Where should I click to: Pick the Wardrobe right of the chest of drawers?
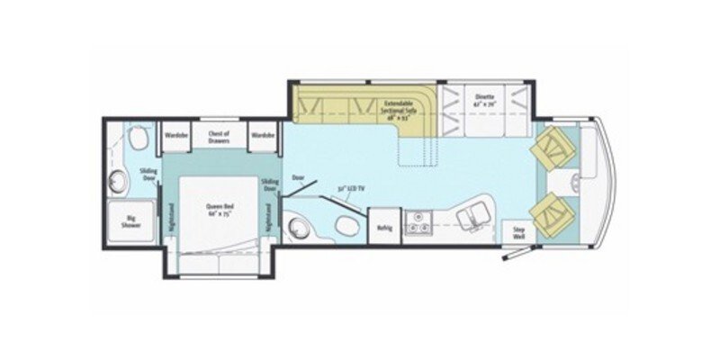pos(262,135)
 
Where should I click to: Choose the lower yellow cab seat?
pos(550,214)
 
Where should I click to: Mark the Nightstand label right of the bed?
pos(269,219)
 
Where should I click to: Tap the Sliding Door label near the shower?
pos(148,174)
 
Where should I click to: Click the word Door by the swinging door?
pos(298,177)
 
